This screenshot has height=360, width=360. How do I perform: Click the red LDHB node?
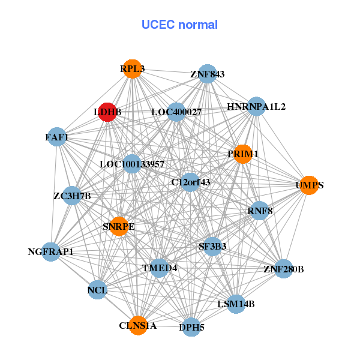click(107, 112)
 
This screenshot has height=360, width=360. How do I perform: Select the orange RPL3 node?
click(131, 69)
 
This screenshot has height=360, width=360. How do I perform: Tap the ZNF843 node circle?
click(207, 74)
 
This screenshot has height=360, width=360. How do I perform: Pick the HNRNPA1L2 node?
click(256, 107)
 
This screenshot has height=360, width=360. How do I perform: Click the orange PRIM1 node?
click(242, 154)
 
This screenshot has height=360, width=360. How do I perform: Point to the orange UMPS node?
click(309, 185)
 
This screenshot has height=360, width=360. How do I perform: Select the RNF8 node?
click(259, 211)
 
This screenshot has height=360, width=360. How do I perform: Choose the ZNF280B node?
click(283, 268)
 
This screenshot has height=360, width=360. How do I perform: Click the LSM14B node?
click(236, 304)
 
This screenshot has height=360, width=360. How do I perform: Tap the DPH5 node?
click(191, 327)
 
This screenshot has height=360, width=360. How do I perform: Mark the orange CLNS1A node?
click(138, 325)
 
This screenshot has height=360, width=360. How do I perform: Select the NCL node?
click(97, 290)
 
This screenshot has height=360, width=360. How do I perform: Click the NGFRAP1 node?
click(50, 251)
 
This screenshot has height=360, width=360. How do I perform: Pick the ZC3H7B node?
click(72, 196)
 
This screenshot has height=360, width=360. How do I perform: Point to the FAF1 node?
click(56, 137)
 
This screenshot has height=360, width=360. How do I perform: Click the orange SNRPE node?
click(119, 226)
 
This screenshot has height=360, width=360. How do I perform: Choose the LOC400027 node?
click(176, 112)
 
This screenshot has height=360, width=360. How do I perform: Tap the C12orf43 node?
click(190, 182)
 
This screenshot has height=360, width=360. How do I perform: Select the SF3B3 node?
click(212, 246)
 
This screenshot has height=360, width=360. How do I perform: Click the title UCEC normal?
click(179, 25)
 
